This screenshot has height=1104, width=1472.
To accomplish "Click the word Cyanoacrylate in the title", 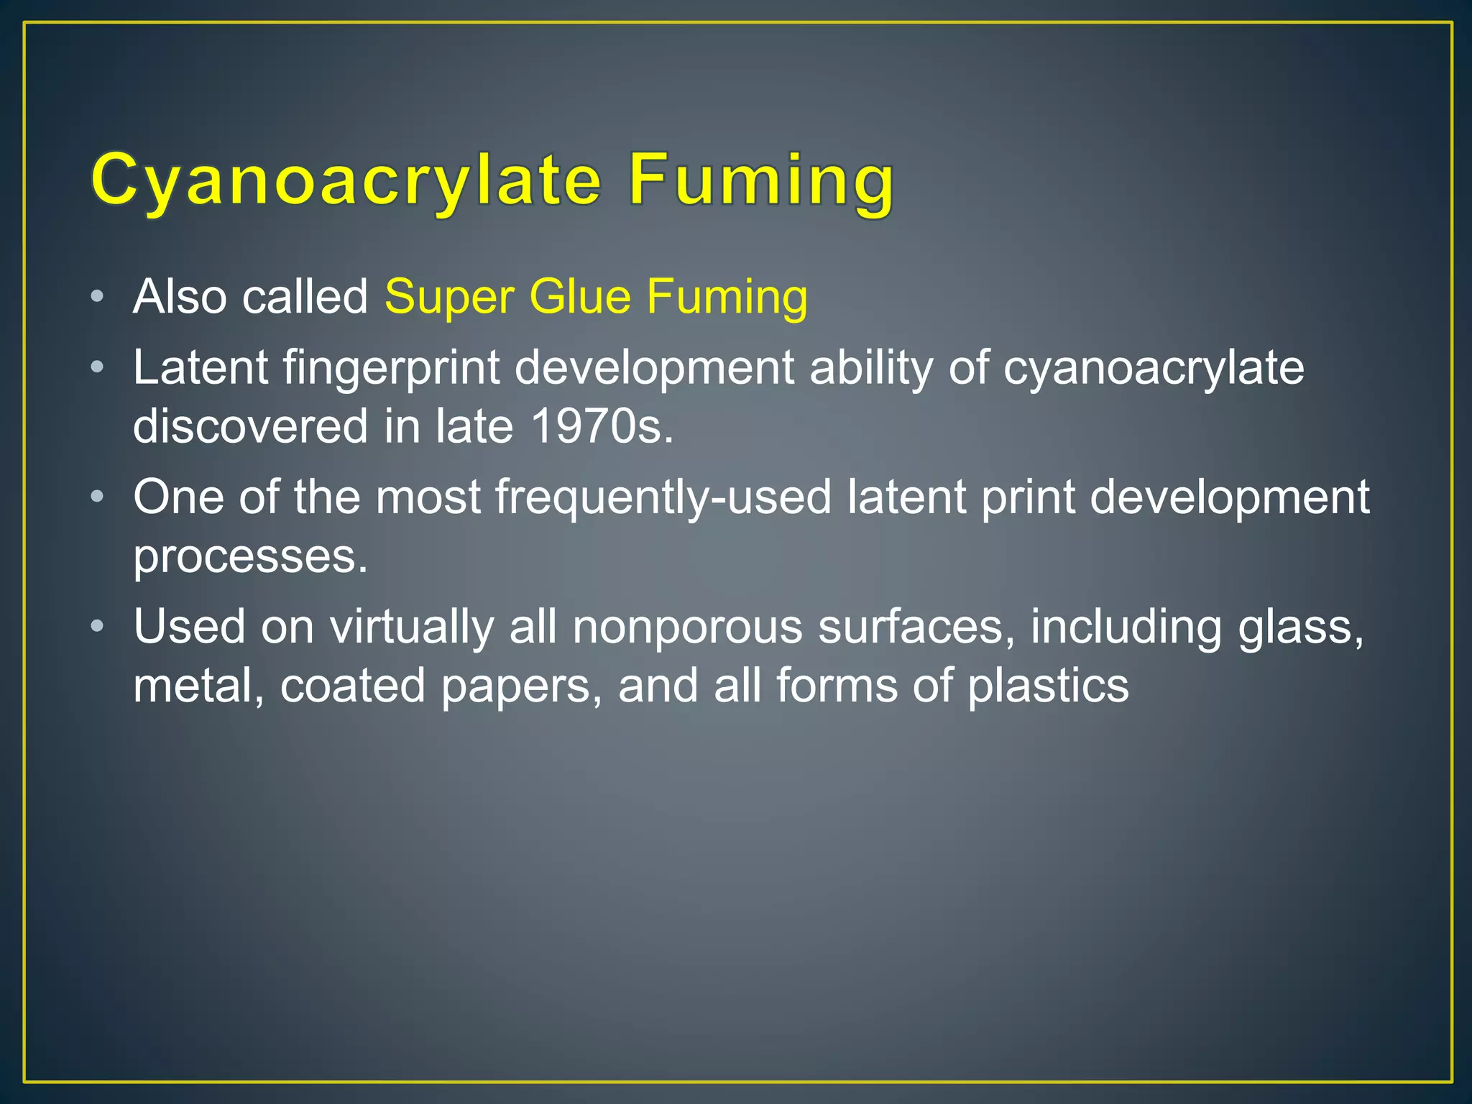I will pyautogui.click(x=346, y=180).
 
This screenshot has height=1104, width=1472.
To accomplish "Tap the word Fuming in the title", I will pyautogui.click(x=761, y=180).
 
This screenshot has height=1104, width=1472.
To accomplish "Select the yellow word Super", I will pyautogui.click(x=449, y=297).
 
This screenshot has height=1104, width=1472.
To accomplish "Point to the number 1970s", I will pyautogui.click(x=602, y=426).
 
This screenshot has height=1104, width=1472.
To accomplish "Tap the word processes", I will pyautogui.click(x=250, y=556).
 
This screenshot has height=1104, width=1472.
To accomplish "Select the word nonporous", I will pyautogui.click(x=687, y=627).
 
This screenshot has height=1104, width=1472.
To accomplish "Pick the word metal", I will pyautogui.click(x=198, y=685).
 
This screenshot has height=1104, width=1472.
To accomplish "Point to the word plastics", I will pyautogui.click(x=1048, y=686).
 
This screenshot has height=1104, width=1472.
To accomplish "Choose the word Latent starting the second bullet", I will pyautogui.click(x=201, y=368).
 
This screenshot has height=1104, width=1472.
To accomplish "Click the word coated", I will pyautogui.click(x=353, y=685).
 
